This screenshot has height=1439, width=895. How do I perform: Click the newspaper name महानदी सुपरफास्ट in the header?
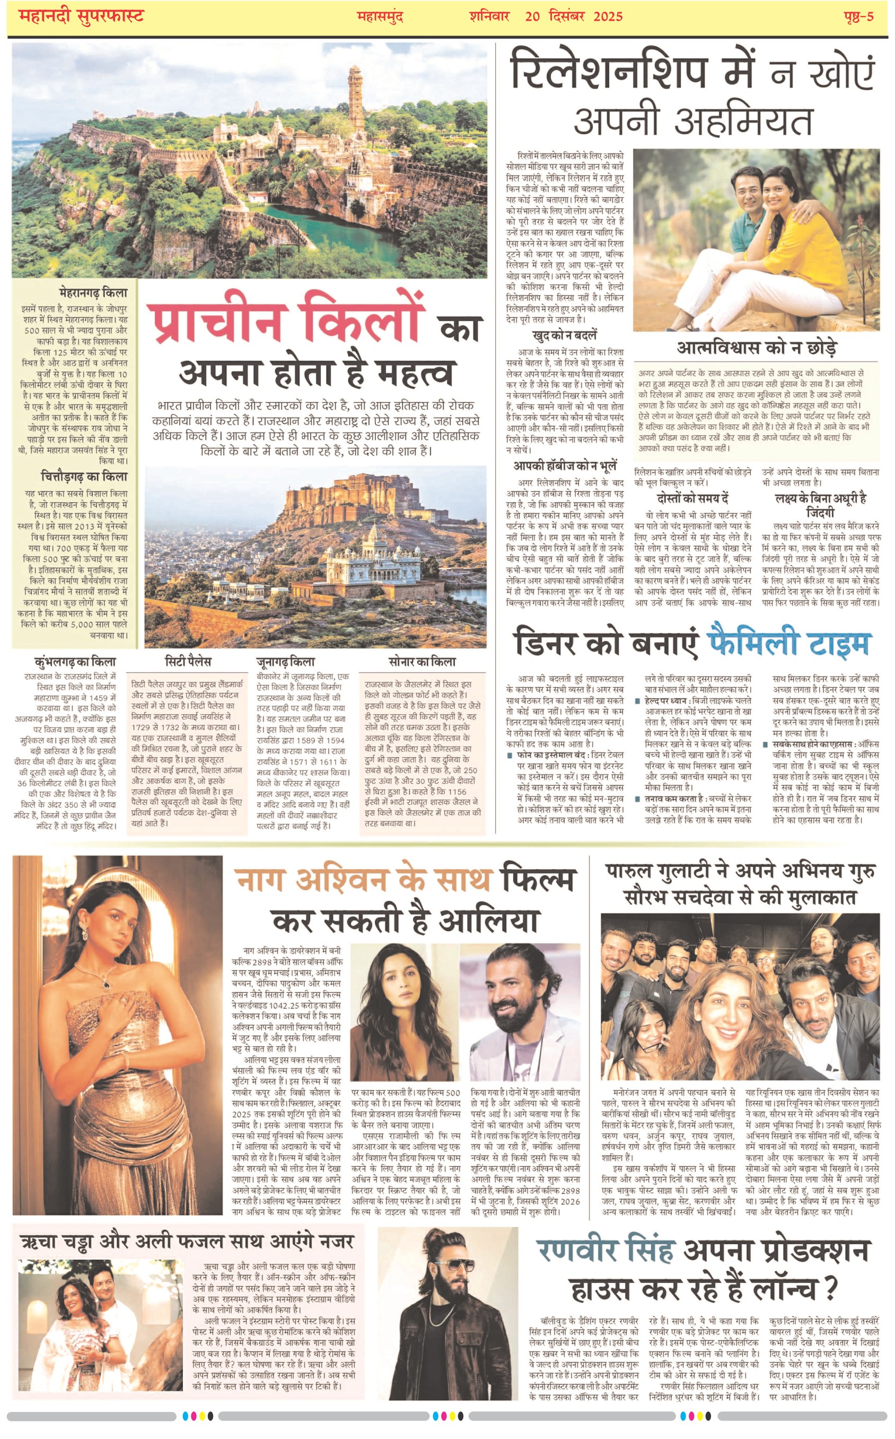pos(81,15)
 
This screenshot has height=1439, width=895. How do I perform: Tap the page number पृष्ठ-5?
pos(858,16)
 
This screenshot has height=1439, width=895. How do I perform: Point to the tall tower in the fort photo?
pos(356,98)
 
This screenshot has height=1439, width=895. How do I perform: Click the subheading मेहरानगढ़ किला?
pos(93,292)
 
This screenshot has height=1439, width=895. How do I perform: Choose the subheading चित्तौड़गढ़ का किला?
pos(84,476)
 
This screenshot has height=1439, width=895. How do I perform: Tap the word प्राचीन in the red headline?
pos(214,322)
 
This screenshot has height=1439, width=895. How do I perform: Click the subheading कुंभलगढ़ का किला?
pos(75,662)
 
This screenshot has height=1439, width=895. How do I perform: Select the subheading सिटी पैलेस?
pos(188,662)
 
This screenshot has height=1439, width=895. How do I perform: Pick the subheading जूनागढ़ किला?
pos(285,662)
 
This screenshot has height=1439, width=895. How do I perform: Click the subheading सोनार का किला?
pos(422,662)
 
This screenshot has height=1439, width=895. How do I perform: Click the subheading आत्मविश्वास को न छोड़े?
pos(757,348)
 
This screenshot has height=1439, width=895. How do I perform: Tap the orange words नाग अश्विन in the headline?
pos(311,879)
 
